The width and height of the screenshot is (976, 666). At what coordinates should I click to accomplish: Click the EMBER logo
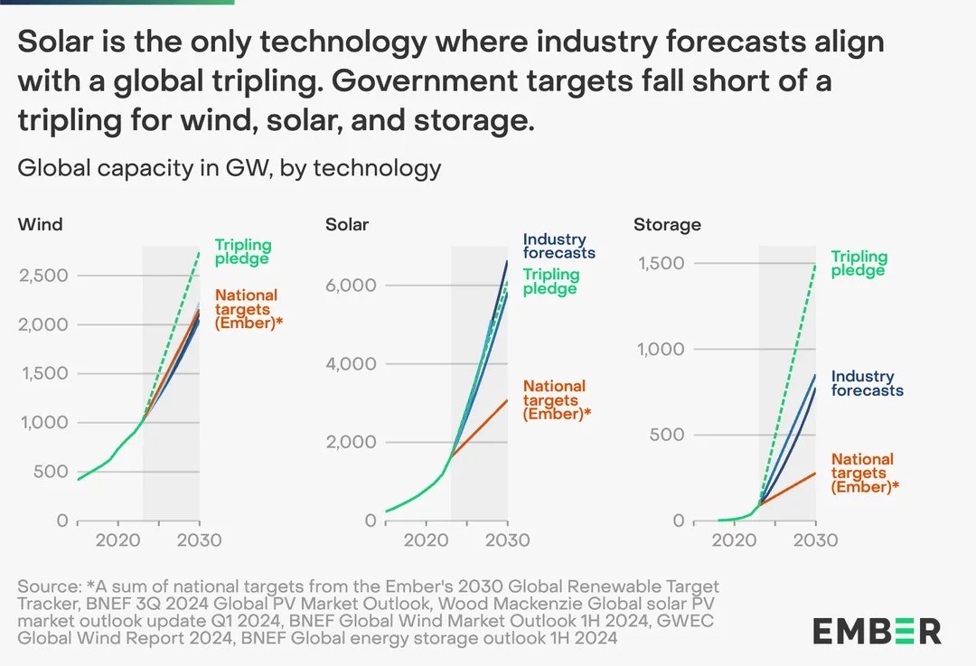point(877,630)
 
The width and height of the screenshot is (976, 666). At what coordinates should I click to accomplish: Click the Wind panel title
point(41,224)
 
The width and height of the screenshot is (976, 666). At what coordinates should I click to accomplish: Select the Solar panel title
point(347,224)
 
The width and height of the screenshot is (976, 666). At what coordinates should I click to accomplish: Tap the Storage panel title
point(667,224)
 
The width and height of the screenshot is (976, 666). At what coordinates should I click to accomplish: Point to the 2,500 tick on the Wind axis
point(43,275)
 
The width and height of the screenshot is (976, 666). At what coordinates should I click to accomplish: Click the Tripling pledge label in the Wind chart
point(243,252)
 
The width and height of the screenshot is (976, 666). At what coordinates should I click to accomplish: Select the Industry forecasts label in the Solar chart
point(558,246)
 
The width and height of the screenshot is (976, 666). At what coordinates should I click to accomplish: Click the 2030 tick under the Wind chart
point(199,540)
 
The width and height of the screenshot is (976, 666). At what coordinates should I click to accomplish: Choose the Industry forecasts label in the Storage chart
point(867,383)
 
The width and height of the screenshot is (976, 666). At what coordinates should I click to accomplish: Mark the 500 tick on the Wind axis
point(51,471)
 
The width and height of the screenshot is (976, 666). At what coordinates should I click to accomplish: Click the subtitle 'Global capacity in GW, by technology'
point(230,167)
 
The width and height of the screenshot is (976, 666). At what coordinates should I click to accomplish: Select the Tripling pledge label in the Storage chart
point(859,263)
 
